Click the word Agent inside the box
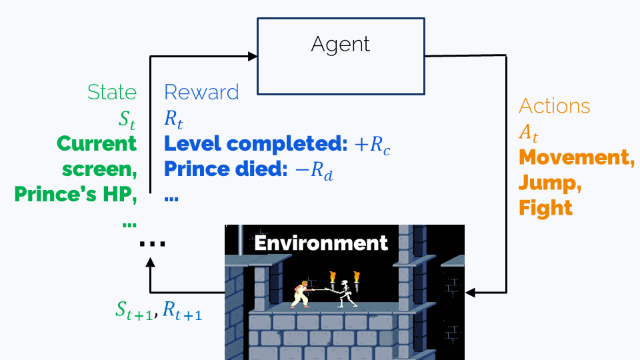pos(341,44)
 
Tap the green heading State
pos(112,92)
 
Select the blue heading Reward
pos(201,92)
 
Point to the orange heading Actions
pos(554,106)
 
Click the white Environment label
pos(321,243)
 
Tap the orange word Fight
pos(545,208)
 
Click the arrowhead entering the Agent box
pos(253,56)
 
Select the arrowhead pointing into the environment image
pos(470,292)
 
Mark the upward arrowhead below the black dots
pos(150,263)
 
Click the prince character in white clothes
pos(302,294)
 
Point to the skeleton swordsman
pos(347,294)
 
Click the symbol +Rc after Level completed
pos(372,145)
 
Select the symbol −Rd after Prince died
pos(313,170)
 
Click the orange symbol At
pos(529,133)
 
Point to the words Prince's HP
pos(75,194)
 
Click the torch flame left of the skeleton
pos(332,277)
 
